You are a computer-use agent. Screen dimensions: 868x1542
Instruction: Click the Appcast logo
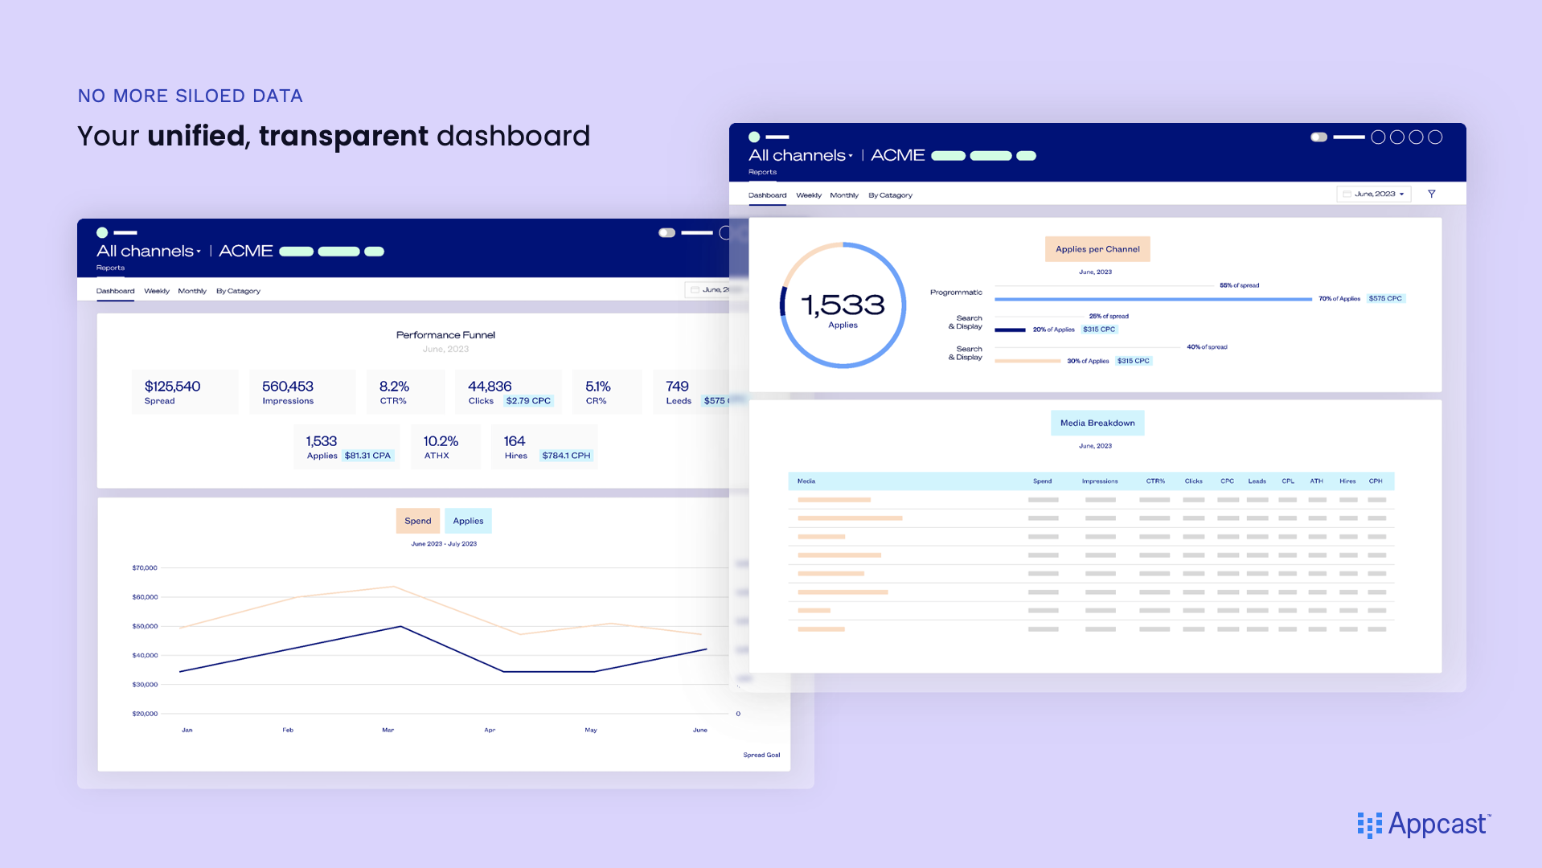pos(1423,825)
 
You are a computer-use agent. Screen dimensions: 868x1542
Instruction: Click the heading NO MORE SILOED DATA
pos(191,96)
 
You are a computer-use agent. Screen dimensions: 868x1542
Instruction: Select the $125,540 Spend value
pos(173,387)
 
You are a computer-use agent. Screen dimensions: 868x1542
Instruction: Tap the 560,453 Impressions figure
pos(288,387)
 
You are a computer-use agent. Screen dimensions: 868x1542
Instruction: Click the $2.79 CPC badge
pos(528,401)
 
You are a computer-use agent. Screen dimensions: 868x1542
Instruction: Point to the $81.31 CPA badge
pos(367,456)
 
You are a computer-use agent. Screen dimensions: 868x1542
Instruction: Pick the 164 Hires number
pos(515,441)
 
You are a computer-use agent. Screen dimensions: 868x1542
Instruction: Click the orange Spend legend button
pos(418,521)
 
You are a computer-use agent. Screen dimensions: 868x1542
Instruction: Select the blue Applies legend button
pos(468,521)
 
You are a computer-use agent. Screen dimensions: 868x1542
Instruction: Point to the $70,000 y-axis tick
pos(145,568)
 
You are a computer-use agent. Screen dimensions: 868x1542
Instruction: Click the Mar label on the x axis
pos(388,731)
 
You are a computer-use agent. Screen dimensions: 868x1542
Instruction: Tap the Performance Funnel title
pos(445,335)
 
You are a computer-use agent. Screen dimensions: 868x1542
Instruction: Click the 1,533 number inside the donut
pos(843,305)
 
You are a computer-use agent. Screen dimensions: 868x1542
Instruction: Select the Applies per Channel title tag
pos(1097,249)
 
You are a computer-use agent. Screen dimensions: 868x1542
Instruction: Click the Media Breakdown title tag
pos(1097,423)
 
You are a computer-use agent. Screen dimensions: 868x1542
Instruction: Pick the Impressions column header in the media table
pos(1100,481)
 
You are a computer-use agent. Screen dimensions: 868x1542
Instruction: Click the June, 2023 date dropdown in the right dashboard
pos(1374,194)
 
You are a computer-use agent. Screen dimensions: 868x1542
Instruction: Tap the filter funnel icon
pos(1432,194)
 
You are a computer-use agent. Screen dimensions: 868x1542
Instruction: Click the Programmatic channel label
pos(956,293)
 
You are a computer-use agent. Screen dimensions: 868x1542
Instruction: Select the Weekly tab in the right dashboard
pos(809,195)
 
